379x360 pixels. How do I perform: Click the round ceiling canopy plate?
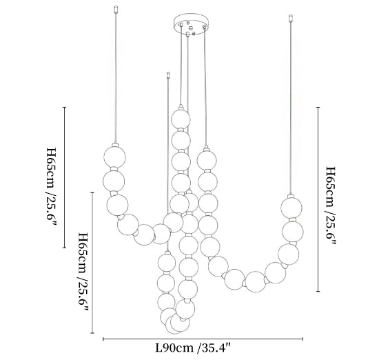(191, 24)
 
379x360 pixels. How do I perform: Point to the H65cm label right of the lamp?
(331, 206)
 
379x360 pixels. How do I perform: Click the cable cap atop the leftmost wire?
(116, 9)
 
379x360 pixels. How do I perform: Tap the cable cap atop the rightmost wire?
(291, 19)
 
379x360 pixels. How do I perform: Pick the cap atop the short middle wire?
(168, 75)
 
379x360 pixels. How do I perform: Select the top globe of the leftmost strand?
(115, 157)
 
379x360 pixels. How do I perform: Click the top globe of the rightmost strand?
(291, 208)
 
